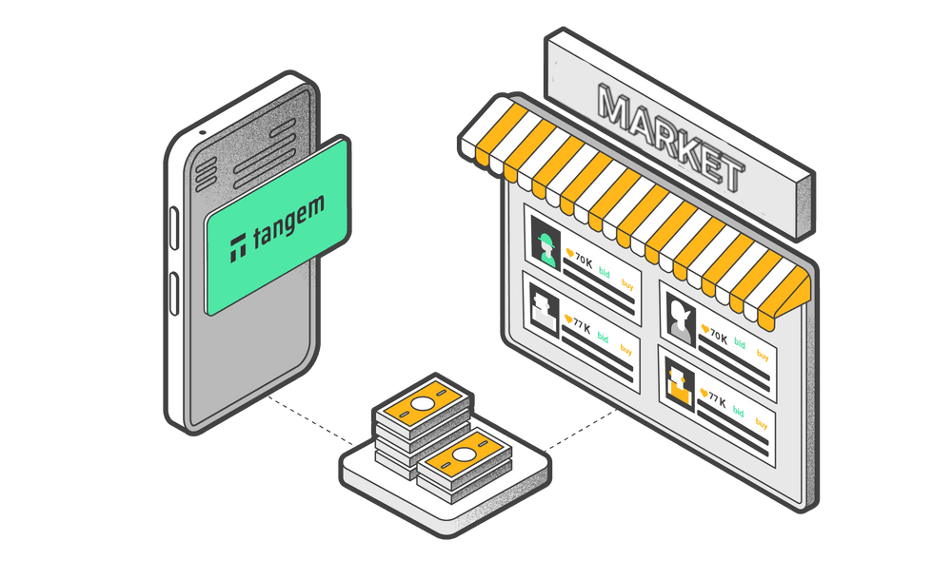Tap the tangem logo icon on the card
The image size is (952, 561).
click(238, 246)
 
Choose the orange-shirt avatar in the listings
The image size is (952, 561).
click(679, 382)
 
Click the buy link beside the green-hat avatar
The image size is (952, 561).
click(627, 282)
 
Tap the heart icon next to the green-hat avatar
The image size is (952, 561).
click(569, 254)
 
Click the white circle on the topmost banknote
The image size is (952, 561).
click(422, 400)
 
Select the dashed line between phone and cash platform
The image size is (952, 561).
click(305, 419)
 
